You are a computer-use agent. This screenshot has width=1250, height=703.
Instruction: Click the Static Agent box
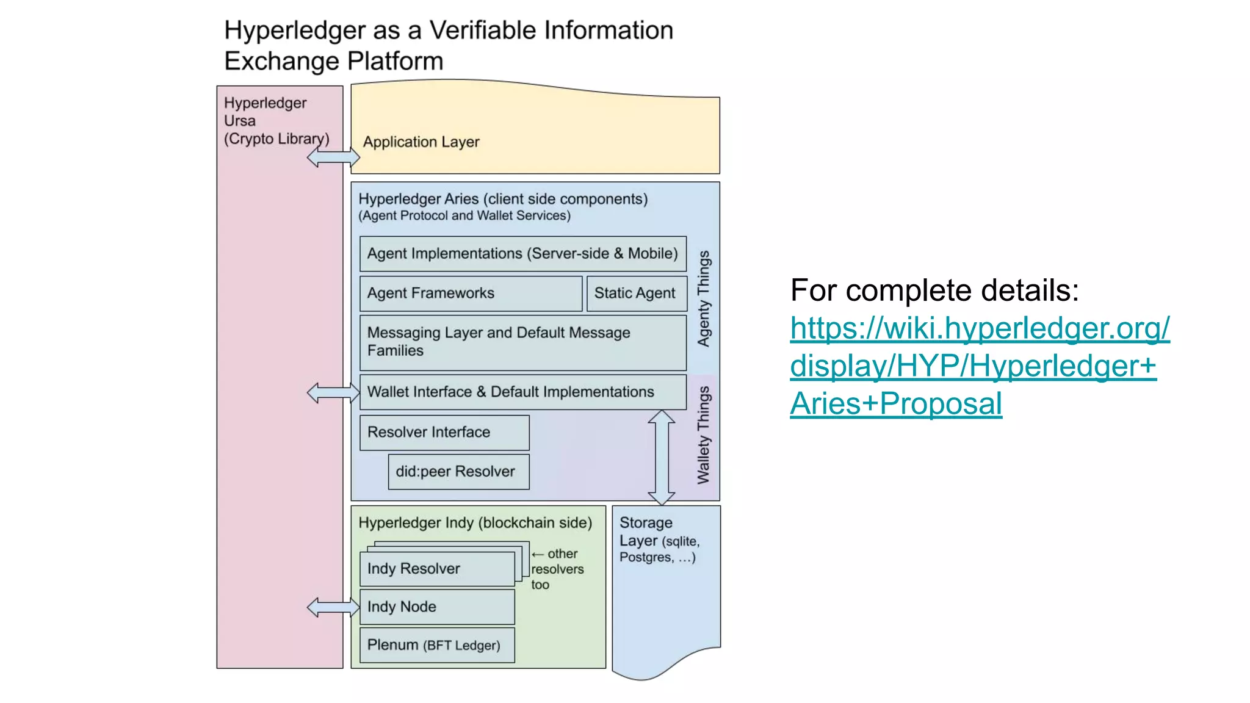click(635, 294)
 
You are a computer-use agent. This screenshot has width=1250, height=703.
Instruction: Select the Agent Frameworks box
click(471, 294)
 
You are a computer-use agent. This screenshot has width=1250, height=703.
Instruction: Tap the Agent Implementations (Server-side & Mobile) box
click(522, 254)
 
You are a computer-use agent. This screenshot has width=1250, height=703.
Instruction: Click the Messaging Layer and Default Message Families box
click(522, 342)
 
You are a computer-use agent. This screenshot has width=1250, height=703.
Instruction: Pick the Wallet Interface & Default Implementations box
click(522, 392)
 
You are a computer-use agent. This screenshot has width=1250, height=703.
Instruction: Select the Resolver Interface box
click(444, 433)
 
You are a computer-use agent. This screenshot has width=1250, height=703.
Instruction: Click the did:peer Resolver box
click(458, 472)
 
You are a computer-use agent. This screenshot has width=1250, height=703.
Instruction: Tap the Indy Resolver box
click(437, 569)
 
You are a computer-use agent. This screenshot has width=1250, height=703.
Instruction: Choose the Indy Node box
click(437, 607)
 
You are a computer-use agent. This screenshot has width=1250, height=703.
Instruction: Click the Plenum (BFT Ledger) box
click(437, 645)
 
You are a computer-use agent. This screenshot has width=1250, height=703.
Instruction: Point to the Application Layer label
click(421, 142)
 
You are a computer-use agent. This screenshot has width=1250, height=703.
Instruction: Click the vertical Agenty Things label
click(704, 299)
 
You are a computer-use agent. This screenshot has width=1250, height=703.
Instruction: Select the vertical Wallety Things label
click(704, 435)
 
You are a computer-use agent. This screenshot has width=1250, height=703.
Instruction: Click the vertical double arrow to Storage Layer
click(661, 458)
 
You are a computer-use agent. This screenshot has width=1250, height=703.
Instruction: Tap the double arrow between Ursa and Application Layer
click(333, 157)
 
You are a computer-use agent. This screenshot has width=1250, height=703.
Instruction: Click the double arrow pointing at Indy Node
click(333, 607)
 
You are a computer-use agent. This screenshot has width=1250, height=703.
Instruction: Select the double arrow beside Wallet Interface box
click(333, 392)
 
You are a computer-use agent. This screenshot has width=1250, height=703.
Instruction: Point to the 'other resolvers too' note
click(557, 569)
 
